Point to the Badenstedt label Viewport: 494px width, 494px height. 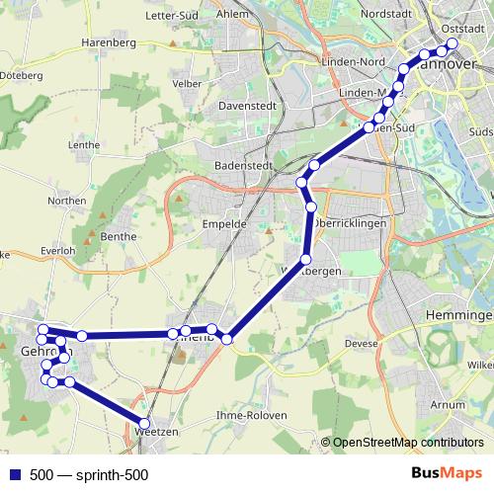click(x=242, y=166)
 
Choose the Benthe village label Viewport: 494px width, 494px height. click(x=119, y=237)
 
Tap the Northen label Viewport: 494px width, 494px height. click(x=67, y=200)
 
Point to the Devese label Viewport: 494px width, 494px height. click(x=362, y=343)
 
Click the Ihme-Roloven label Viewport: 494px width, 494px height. click(x=250, y=416)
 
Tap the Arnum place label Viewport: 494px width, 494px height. click(x=448, y=404)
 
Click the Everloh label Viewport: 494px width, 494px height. click(x=58, y=251)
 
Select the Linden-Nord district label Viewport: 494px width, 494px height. click(x=353, y=61)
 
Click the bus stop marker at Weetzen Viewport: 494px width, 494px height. click(x=144, y=424)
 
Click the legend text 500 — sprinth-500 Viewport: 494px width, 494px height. click(x=89, y=475)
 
